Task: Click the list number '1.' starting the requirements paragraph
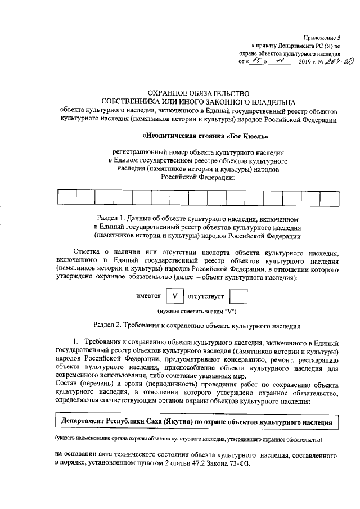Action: (78, 342)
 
